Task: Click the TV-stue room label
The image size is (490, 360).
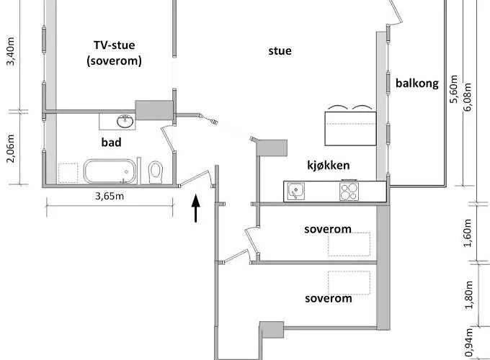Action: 114,45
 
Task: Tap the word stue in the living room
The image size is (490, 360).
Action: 280,50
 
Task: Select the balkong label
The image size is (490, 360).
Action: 416,83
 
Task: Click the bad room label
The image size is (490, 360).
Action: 111,143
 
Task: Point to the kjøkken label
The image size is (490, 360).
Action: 328,166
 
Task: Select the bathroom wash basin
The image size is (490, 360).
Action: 127,119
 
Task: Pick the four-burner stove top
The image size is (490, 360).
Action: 350,191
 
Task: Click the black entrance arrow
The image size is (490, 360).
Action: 196,209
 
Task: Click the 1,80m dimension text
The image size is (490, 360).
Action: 468,295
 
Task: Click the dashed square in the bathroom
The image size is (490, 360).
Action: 68,173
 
